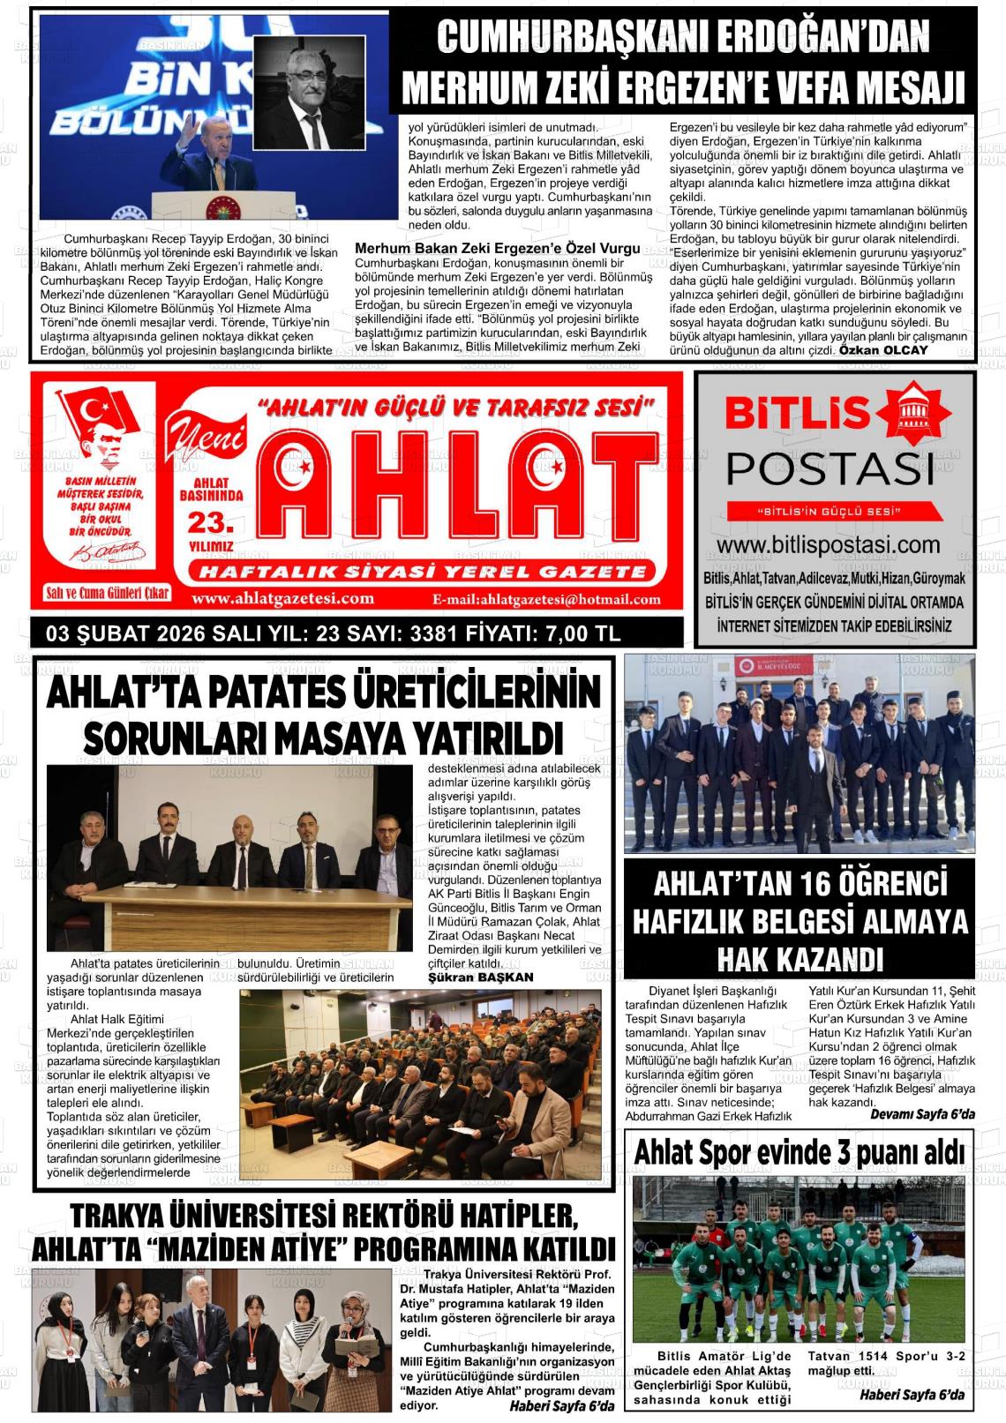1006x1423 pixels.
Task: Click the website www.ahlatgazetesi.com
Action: tap(282, 599)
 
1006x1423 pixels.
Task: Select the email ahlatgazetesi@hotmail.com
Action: tap(547, 600)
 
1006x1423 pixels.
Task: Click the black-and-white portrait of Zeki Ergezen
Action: tap(309, 94)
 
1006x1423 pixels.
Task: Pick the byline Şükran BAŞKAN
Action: tap(480, 977)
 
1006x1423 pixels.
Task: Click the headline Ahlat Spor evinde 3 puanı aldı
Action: tap(799, 1152)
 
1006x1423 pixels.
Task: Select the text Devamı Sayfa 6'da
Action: tap(922, 1115)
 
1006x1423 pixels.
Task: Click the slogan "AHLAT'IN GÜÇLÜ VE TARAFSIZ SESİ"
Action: tap(455, 408)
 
